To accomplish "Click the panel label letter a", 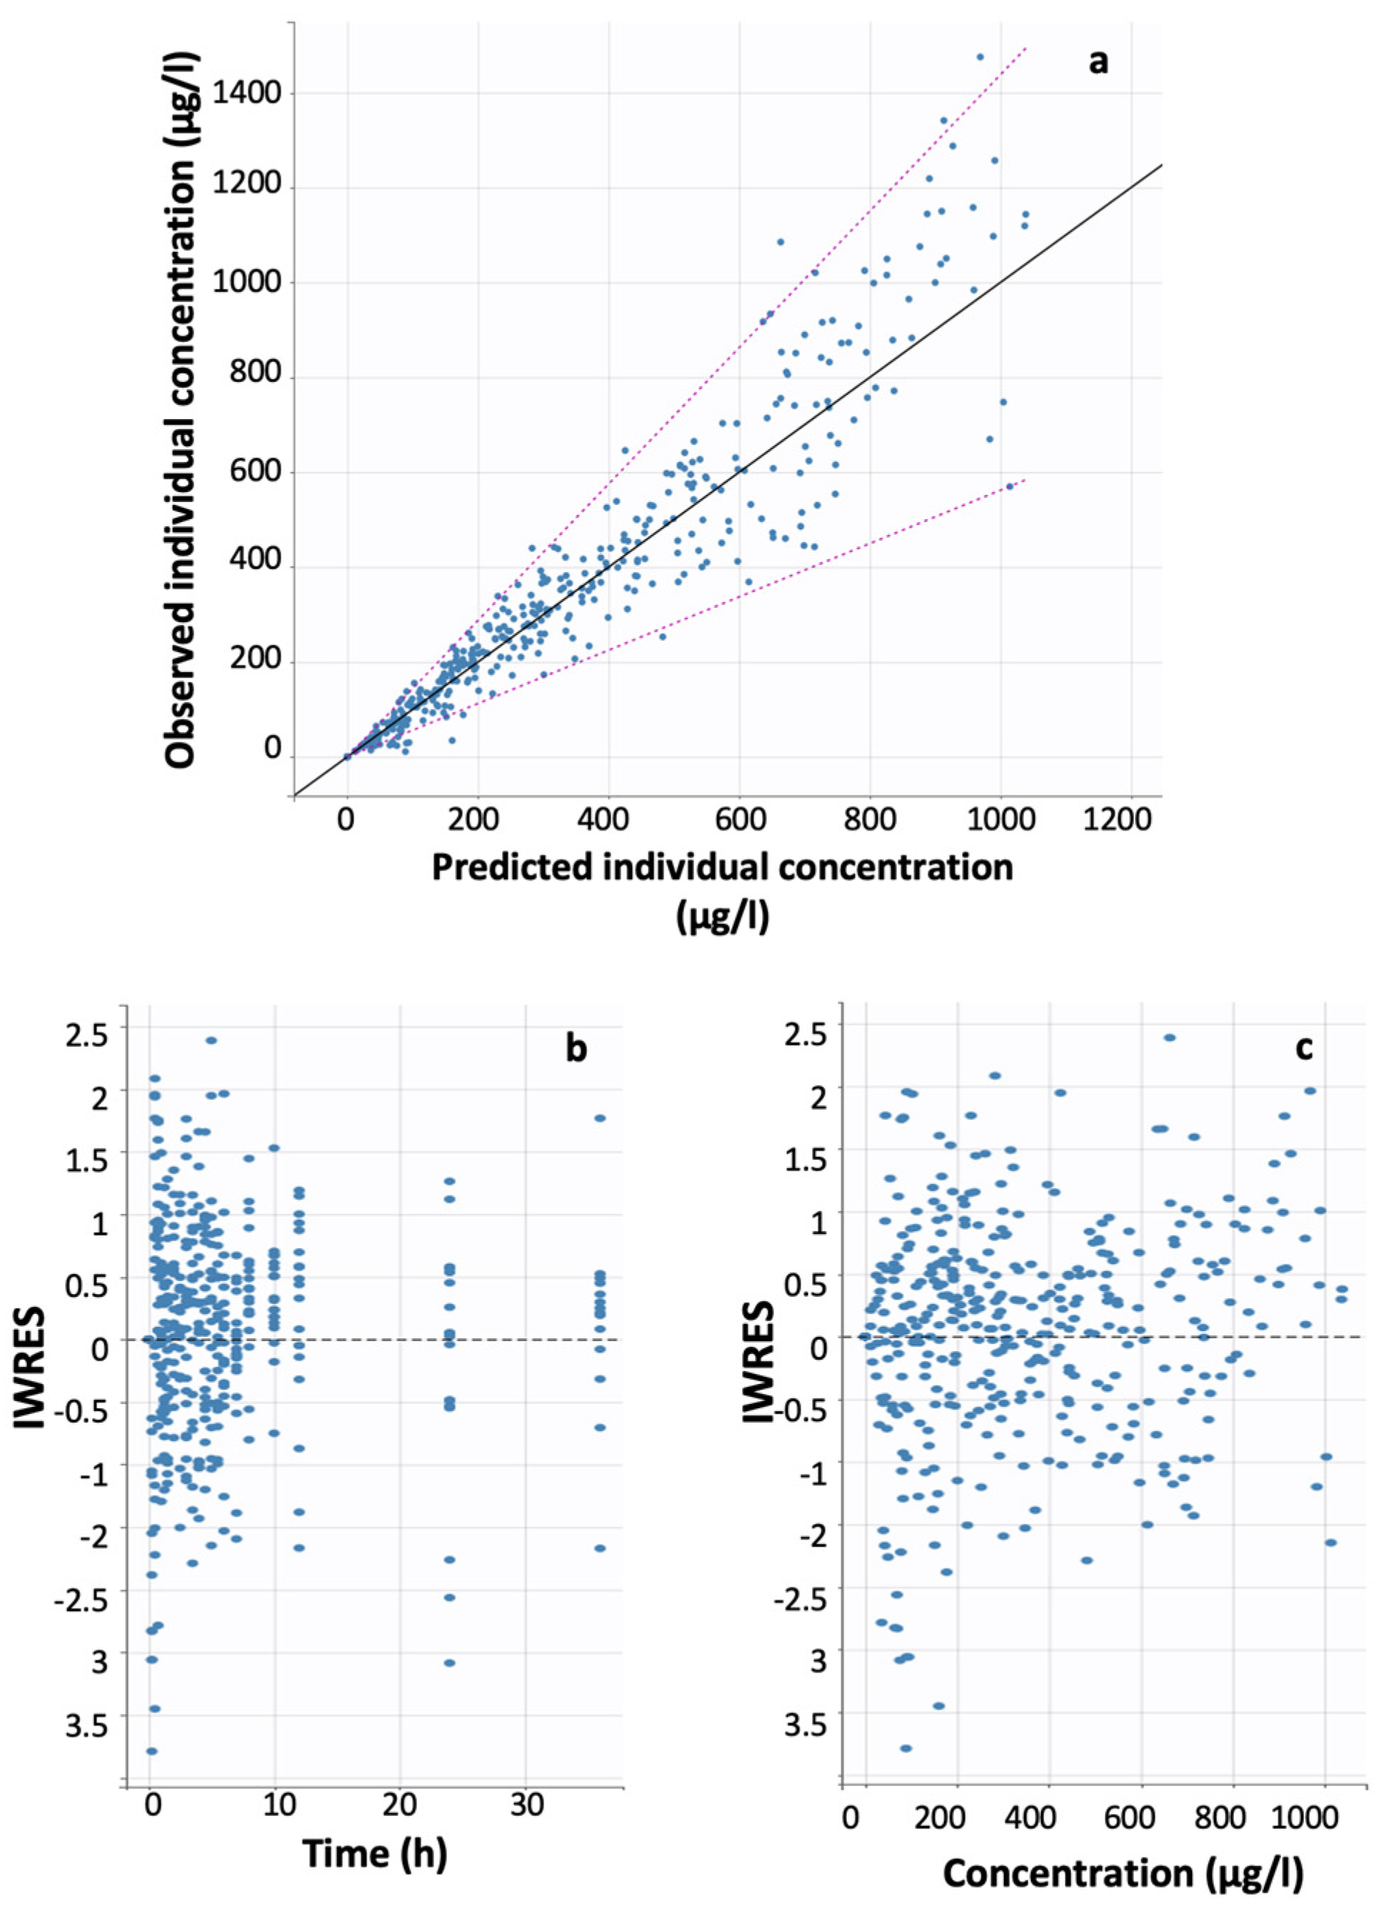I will coord(1097,61).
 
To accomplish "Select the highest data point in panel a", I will coord(979,57).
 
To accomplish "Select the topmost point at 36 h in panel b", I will coord(600,1118).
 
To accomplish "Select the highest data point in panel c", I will coord(1169,1038).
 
